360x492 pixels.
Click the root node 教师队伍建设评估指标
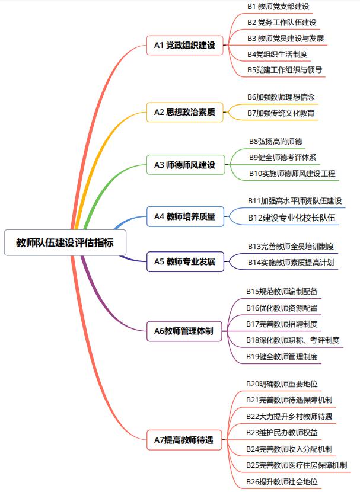click(x=65, y=242)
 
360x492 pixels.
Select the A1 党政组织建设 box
click(x=185, y=45)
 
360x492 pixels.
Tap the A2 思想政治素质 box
click(x=185, y=112)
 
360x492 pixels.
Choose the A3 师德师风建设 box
click(x=186, y=165)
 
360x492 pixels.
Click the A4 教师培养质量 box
click(x=185, y=216)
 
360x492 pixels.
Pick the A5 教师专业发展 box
click(x=185, y=261)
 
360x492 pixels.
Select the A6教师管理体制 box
click(x=184, y=331)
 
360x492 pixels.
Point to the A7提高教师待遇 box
click(x=184, y=440)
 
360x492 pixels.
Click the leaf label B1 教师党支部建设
click(x=278, y=7)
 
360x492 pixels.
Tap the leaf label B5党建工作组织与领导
click(x=285, y=70)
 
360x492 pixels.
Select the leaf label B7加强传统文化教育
click(x=281, y=113)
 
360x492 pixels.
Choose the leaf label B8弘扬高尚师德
click(x=276, y=142)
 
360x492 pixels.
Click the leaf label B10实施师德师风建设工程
click(x=292, y=174)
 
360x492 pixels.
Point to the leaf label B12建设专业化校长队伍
click(x=292, y=218)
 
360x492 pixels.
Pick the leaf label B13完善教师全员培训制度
click(x=291, y=247)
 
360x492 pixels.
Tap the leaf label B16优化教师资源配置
click(x=282, y=308)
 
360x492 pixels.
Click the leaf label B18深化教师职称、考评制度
click(x=292, y=340)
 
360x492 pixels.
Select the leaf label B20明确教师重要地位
click(x=282, y=384)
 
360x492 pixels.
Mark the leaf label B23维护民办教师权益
click(x=282, y=433)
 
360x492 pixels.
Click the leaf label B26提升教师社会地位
click(x=282, y=482)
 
